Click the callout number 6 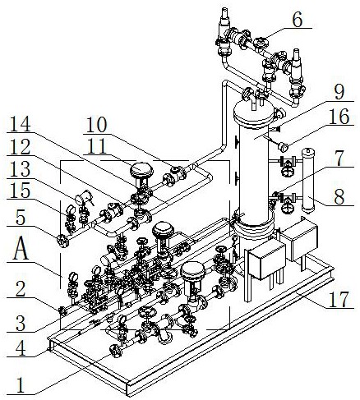pyautogui.click(x=298, y=20)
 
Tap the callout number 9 pyautogui.click(x=339, y=92)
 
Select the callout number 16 pyautogui.click(x=339, y=117)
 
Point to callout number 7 pyautogui.click(x=339, y=159)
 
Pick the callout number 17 pyautogui.click(x=339, y=300)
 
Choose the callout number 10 pyautogui.click(x=96, y=125)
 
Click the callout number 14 pyautogui.click(x=21, y=125)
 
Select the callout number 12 pyautogui.click(x=21, y=147)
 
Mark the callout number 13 pyautogui.click(x=21, y=169)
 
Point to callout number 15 pyautogui.click(x=21, y=191)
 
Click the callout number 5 pyautogui.click(x=21, y=217)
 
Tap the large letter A pyautogui.click(x=21, y=248)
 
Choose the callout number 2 pyautogui.click(x=21, y=289)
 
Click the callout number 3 pyautogui.click(x=21, y=324)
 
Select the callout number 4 pyautogui.click(x=21, y=348)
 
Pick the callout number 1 pyautogui.click(x=21, y=385)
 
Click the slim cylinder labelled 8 pyautogui.click(x=310, y=181)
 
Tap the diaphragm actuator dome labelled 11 pyautogui.click(x=141, y=170)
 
